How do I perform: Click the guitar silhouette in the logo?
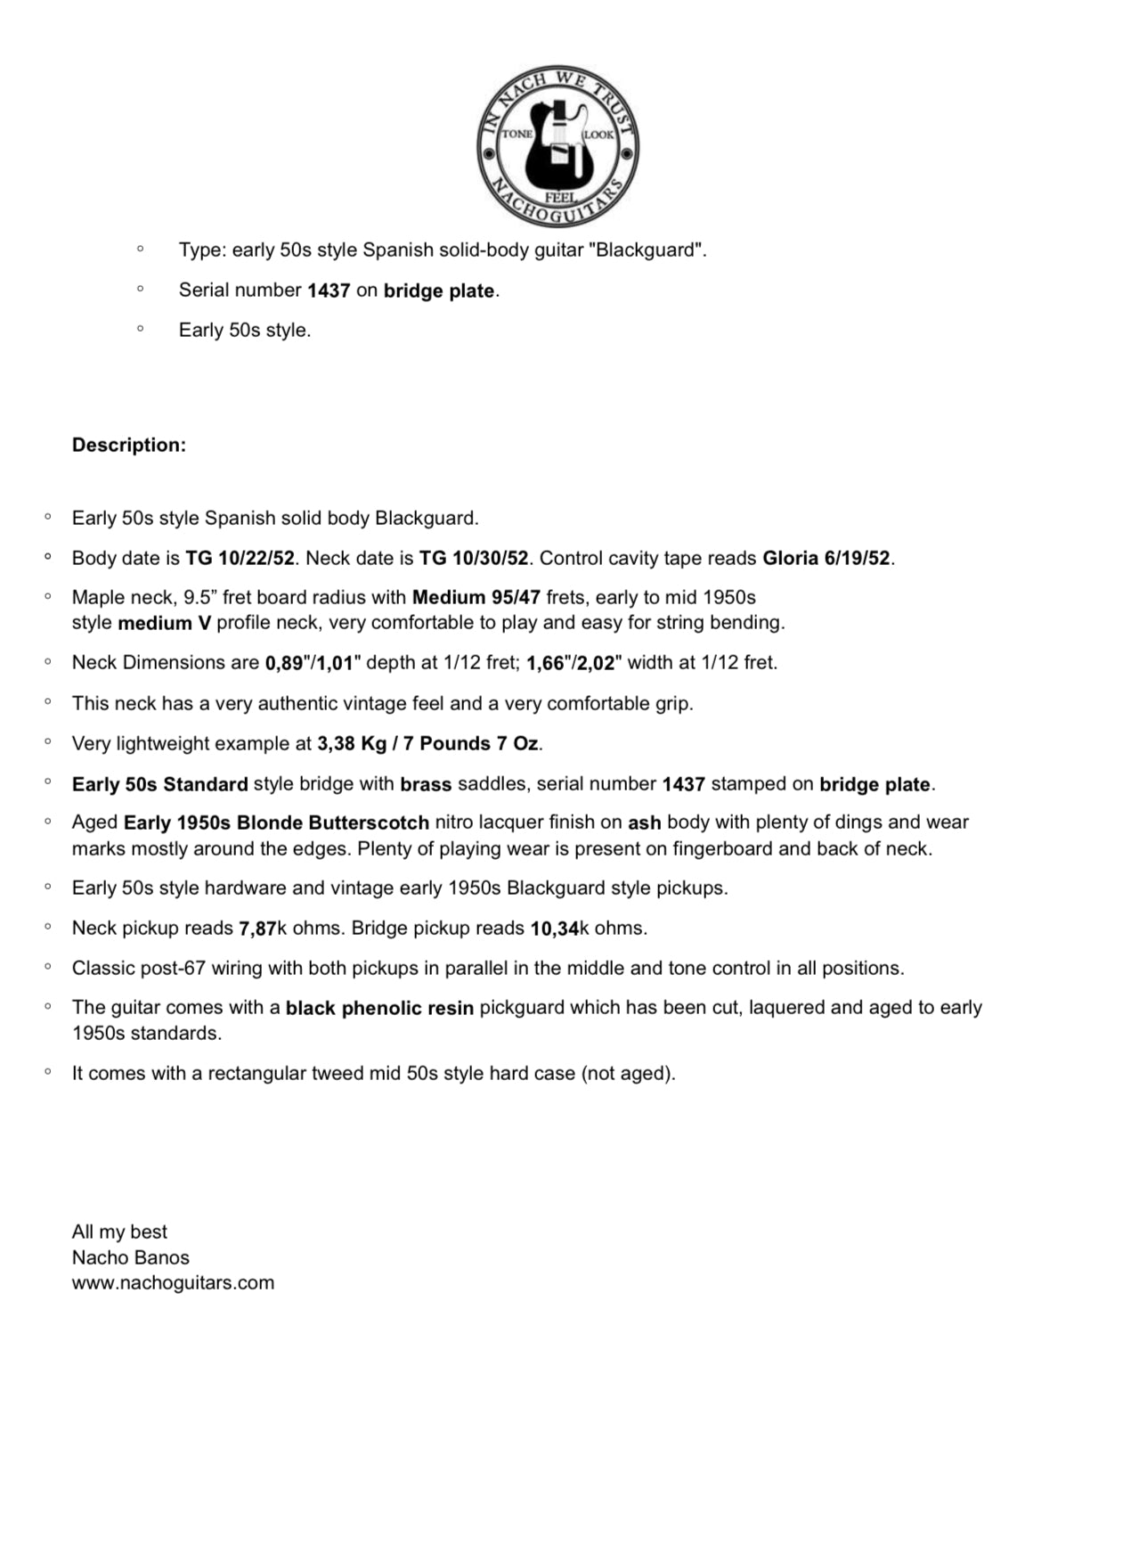point(557,147)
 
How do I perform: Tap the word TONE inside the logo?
point(517,135)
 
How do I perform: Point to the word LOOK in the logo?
point(598,135)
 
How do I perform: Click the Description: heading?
point(129,446)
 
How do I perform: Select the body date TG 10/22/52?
point(240,559)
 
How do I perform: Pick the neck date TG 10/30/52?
point(474,559)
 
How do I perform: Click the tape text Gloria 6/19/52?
point(826,559)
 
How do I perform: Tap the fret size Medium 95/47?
point(476,598)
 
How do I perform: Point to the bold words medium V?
point(164,623)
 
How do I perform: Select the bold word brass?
point(426,785)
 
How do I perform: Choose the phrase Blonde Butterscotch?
point(333,823)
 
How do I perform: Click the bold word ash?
point(644,823)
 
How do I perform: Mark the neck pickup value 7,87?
point(257,929)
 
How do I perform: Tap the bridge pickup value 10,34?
point(554,929)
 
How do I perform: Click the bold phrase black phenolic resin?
point(379,1009)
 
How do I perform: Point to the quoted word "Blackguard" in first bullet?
point(648,250)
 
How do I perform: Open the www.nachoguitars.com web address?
point(173,1283)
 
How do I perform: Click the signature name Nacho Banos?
point(131,1258)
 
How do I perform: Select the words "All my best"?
point(119,1232)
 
